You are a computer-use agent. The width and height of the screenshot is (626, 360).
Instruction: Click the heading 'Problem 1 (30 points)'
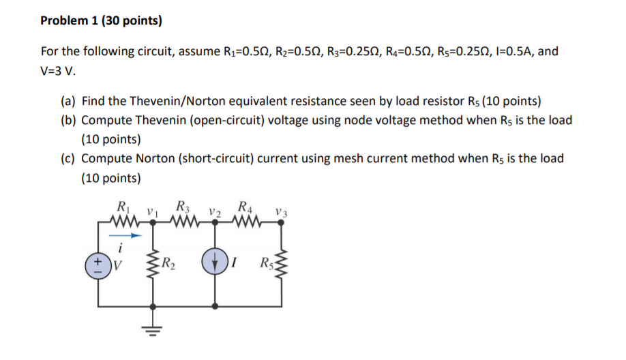tap(101, 20)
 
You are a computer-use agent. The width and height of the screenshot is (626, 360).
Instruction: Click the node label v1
tap(153, 210)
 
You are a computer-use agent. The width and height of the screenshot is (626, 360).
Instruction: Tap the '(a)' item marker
tap(68, 102)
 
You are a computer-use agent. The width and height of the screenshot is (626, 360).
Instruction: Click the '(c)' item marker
tap(68, 159)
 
